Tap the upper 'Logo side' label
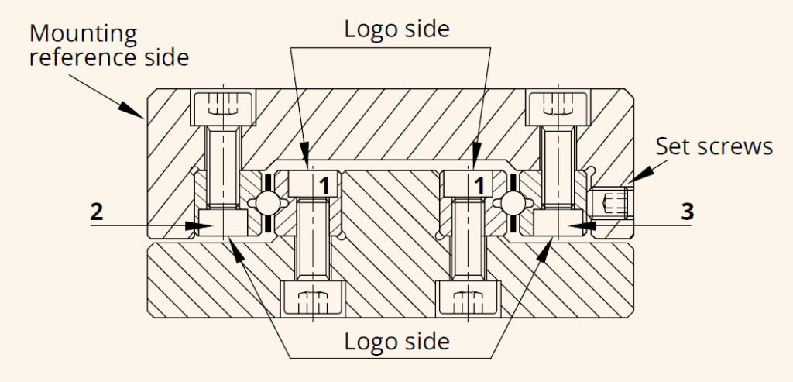click(397, 29)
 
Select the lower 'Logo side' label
click(397, 341)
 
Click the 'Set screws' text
click(714, 146)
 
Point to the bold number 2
click(97, 212)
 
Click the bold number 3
click(687, 212)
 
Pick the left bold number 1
click(327, 185)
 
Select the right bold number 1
click(481, 185)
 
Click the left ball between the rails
click(267, 202)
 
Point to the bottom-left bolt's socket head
click(312, 298)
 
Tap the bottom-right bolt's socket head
click(467, 298)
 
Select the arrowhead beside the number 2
click(195, 225)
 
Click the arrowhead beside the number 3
click(588, 225)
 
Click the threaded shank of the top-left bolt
click(223, 167)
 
